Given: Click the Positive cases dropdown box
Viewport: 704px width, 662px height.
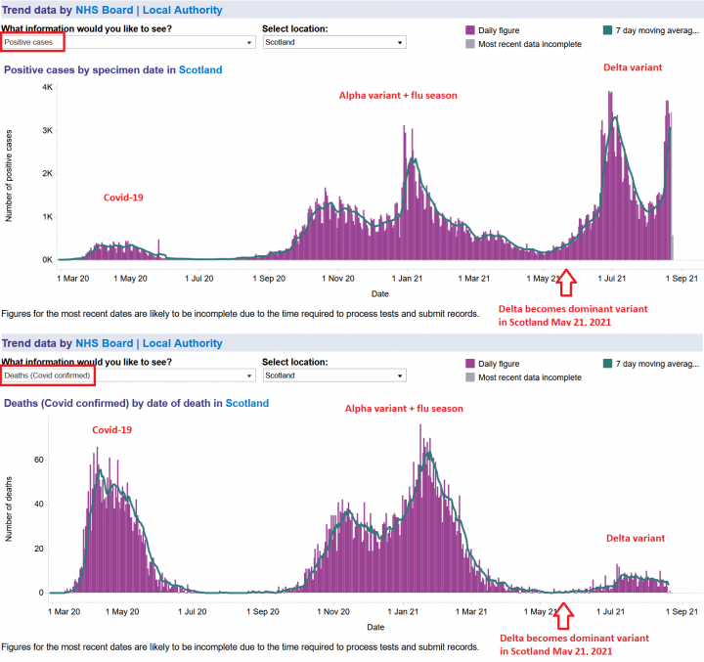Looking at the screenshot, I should [x=127, y=42].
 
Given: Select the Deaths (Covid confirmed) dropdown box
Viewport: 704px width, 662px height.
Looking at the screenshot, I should [x=127, y=375].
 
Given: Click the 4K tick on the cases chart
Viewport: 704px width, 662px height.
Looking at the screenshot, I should [x=46, y=88].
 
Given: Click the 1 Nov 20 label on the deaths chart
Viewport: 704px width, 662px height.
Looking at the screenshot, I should [x=336, y=611].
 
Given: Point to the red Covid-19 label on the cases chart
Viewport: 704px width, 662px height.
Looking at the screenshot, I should [x=123, y=198].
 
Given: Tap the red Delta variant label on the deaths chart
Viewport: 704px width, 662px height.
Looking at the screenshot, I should [x=635, y=538].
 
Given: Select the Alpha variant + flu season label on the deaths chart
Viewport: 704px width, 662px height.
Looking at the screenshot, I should [x=404, y=408].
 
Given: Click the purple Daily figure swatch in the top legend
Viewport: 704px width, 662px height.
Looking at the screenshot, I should [x=471, y=30].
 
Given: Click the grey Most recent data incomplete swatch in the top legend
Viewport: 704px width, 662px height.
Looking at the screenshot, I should [x=471, y=44].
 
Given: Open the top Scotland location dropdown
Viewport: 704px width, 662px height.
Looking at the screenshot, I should [x=333, y=43].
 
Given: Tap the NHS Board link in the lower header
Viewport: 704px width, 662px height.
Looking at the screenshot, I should [x=104, y=343].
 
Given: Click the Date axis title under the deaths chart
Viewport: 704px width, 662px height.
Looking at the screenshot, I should [x=375, y=627].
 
